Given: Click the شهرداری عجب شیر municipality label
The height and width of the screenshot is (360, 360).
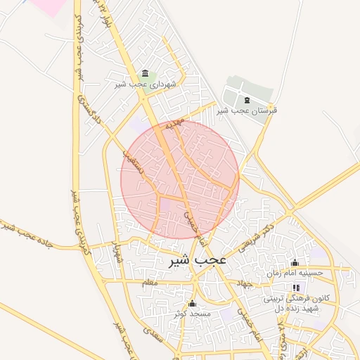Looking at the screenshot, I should [x=146, y=84].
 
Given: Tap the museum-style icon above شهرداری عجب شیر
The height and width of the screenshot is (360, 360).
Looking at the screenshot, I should [x=146, y=74].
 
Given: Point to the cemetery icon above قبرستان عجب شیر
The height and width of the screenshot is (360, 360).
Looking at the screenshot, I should [x=247, y=101].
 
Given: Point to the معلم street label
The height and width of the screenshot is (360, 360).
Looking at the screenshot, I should [x=149, y=283].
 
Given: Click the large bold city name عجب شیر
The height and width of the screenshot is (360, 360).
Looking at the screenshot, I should [x=198, y=260].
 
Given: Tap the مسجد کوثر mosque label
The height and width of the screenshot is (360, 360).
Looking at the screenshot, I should [x=191, y=312].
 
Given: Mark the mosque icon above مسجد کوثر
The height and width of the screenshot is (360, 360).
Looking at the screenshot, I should [x=192, y=302].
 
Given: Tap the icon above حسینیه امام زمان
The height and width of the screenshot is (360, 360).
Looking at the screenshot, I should [x=295, y=262].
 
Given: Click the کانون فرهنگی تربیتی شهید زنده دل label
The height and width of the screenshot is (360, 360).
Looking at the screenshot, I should [x=291, y=303].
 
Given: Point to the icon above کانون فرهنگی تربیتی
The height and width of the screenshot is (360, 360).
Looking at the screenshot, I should [x=296, y=288].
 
